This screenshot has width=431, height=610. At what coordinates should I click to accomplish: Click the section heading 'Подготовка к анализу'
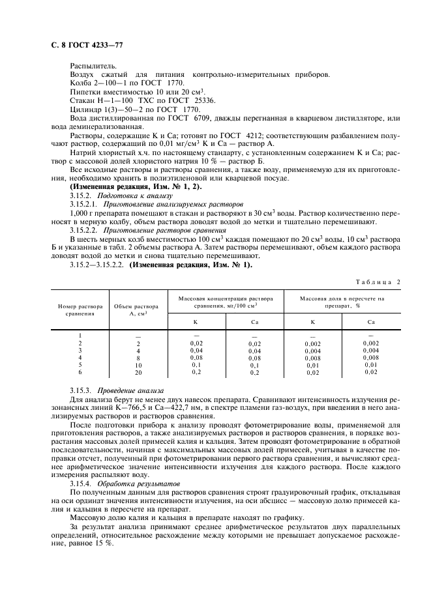point(135,196)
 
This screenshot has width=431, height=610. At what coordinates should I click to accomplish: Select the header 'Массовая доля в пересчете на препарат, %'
point(342,302)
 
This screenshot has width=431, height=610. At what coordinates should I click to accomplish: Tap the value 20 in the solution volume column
point(138,372)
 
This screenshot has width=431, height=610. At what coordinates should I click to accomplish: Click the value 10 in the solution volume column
point(138,365)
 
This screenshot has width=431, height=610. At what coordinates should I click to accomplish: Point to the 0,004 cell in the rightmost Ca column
point(371,350)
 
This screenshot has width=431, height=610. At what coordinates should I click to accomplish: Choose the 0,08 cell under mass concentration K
point(196,358)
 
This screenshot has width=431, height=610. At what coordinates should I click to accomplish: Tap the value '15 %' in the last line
point(103,545)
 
